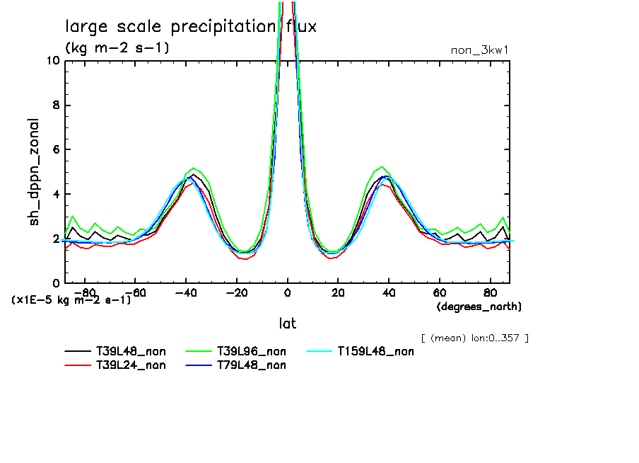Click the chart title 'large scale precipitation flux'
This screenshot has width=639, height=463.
[191, 27]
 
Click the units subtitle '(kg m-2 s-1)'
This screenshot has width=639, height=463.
[117, 48]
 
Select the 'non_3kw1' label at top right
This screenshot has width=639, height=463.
[479, 50]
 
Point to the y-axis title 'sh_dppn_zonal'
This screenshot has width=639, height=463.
[35, 172]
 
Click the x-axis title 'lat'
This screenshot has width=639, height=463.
[287, 324]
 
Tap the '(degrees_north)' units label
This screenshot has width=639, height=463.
[479, 306]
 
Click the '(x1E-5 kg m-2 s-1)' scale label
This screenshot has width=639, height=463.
[71, 299]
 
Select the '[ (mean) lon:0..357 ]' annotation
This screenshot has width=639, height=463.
[474, 338]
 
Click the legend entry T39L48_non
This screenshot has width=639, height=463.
[131, 351]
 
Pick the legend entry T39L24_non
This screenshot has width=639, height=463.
[131, 365]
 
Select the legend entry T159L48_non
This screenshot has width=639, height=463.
[375, 351]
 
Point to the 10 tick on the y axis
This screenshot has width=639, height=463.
[52, 60]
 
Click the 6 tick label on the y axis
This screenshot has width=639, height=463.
[55, 149]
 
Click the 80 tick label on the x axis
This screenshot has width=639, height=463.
[490, 292]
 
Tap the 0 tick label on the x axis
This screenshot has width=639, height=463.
[287, 292]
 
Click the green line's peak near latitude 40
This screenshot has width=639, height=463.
[382, 167]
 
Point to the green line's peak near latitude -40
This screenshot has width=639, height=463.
[194, 168]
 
